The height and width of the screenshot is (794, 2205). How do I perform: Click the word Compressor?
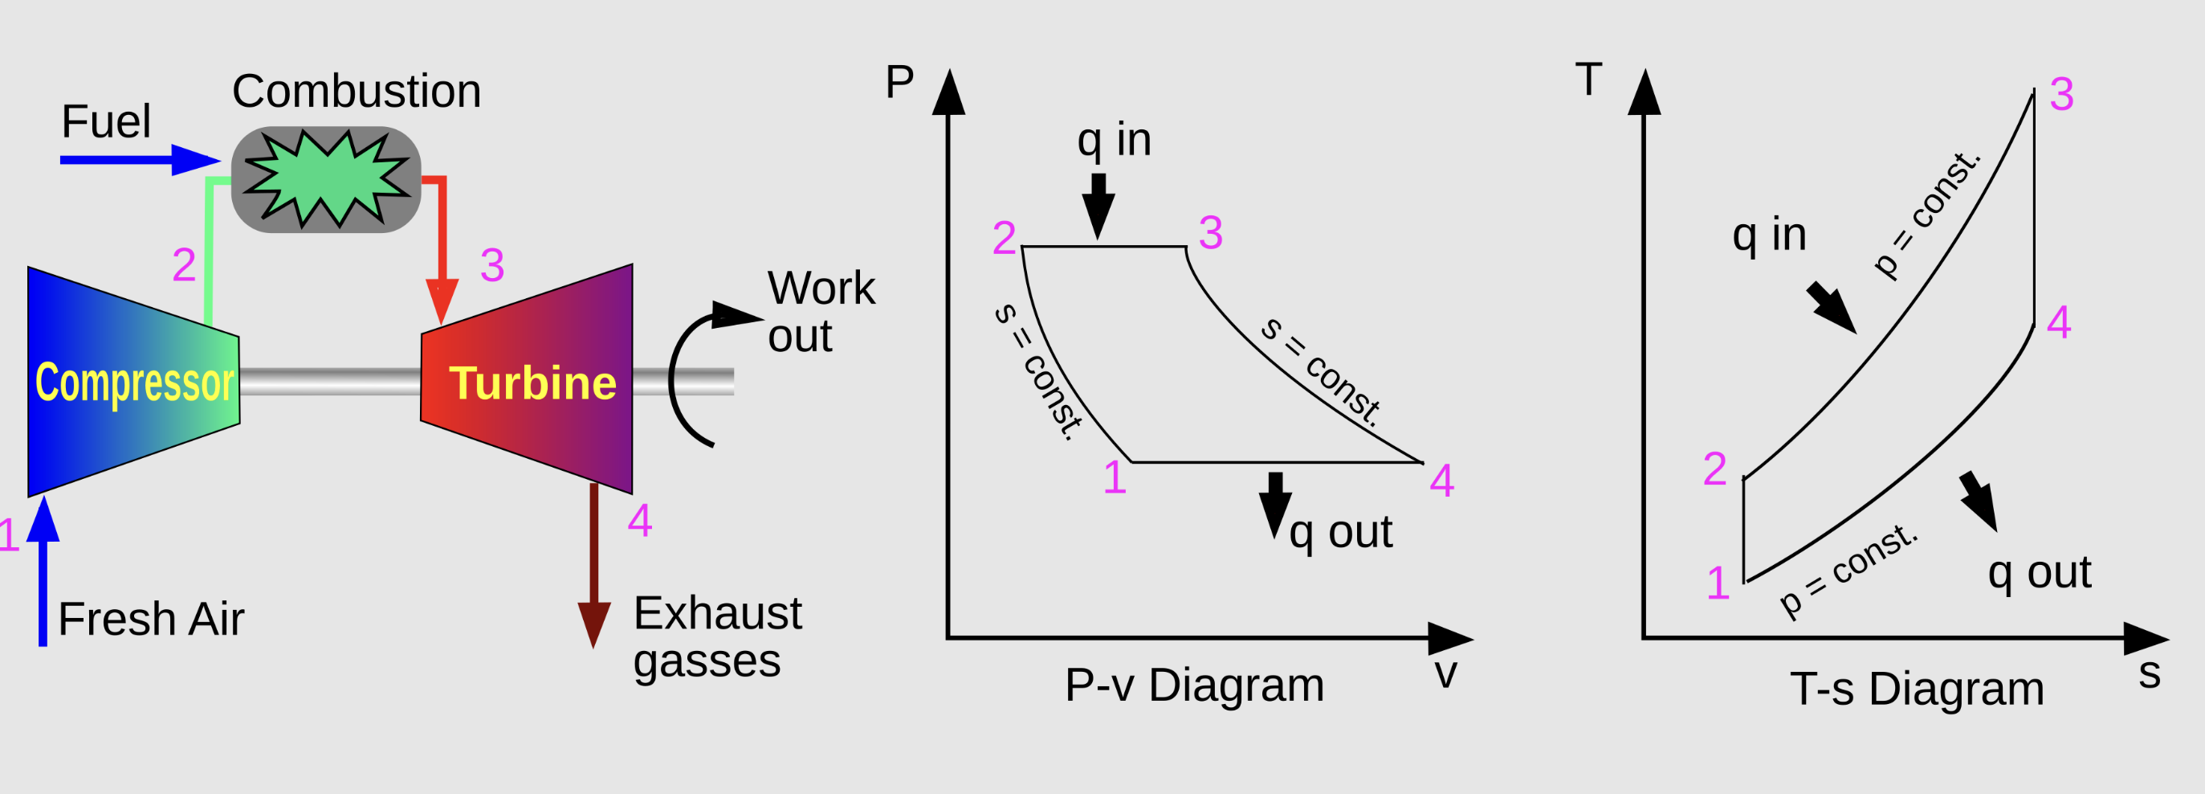(134, 383)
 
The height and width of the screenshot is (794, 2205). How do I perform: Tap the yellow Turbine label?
(532, 383)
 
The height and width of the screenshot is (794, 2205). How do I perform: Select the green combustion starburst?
(327, 179)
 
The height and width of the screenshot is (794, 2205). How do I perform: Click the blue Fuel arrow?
(141, 160)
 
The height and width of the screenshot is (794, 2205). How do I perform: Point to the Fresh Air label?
(152, 619)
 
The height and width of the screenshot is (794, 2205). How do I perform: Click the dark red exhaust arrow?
(594, 565)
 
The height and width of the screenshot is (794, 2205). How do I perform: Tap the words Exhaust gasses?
(717, 637)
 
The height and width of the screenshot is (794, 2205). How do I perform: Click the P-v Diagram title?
(1194, 686)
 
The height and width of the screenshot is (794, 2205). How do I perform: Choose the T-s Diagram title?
(1918, 689)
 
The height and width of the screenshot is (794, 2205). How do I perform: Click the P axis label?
(899, 82)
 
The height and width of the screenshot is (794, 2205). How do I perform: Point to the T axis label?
(1588, 79)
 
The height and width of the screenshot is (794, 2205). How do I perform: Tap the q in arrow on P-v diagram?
(1098, 207)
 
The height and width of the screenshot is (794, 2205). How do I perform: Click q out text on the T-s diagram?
(2039, 572)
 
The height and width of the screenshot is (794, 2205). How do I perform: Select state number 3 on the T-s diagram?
(2062, 94)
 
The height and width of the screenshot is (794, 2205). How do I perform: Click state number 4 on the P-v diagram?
(1442, 481)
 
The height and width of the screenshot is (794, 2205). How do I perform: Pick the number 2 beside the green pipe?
(184, 264)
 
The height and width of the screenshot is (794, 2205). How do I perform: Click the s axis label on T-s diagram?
(2150, 673)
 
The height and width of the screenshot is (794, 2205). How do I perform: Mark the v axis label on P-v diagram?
(1445, 673)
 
